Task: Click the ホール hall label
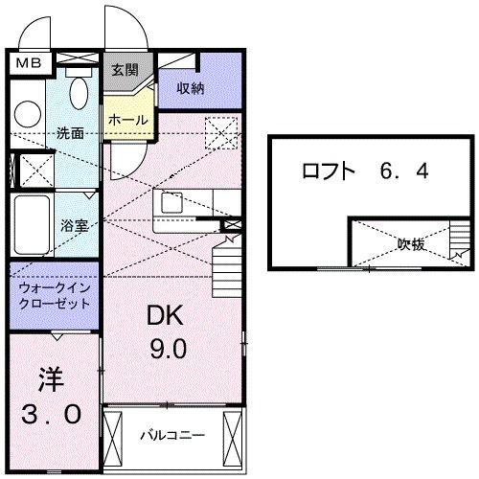[127, 120]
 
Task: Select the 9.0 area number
[167, 350]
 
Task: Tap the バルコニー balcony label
[172, 435]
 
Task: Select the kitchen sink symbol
[174, 203]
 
